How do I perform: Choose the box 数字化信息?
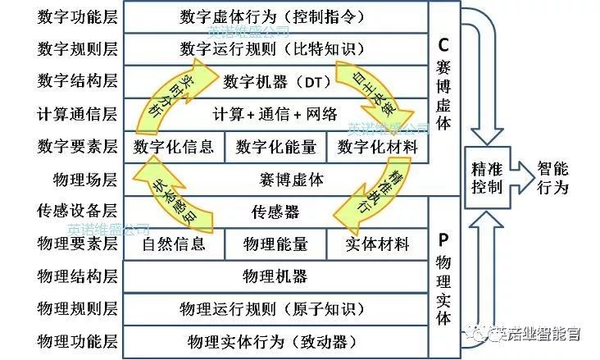[x=173, y=147]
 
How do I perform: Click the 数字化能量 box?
[x=275, y=147]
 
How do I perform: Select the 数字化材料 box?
[x=378, y=147]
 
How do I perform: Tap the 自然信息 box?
[x=173, y=244]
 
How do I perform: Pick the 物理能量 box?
[x=275, y=244]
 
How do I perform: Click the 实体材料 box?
[x=378, y=244]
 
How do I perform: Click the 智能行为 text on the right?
[x=552, y=177]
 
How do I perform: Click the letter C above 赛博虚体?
[x=443, y=44]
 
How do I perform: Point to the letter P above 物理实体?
[x=443, y=240]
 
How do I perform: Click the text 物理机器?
[x=275, y=276]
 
